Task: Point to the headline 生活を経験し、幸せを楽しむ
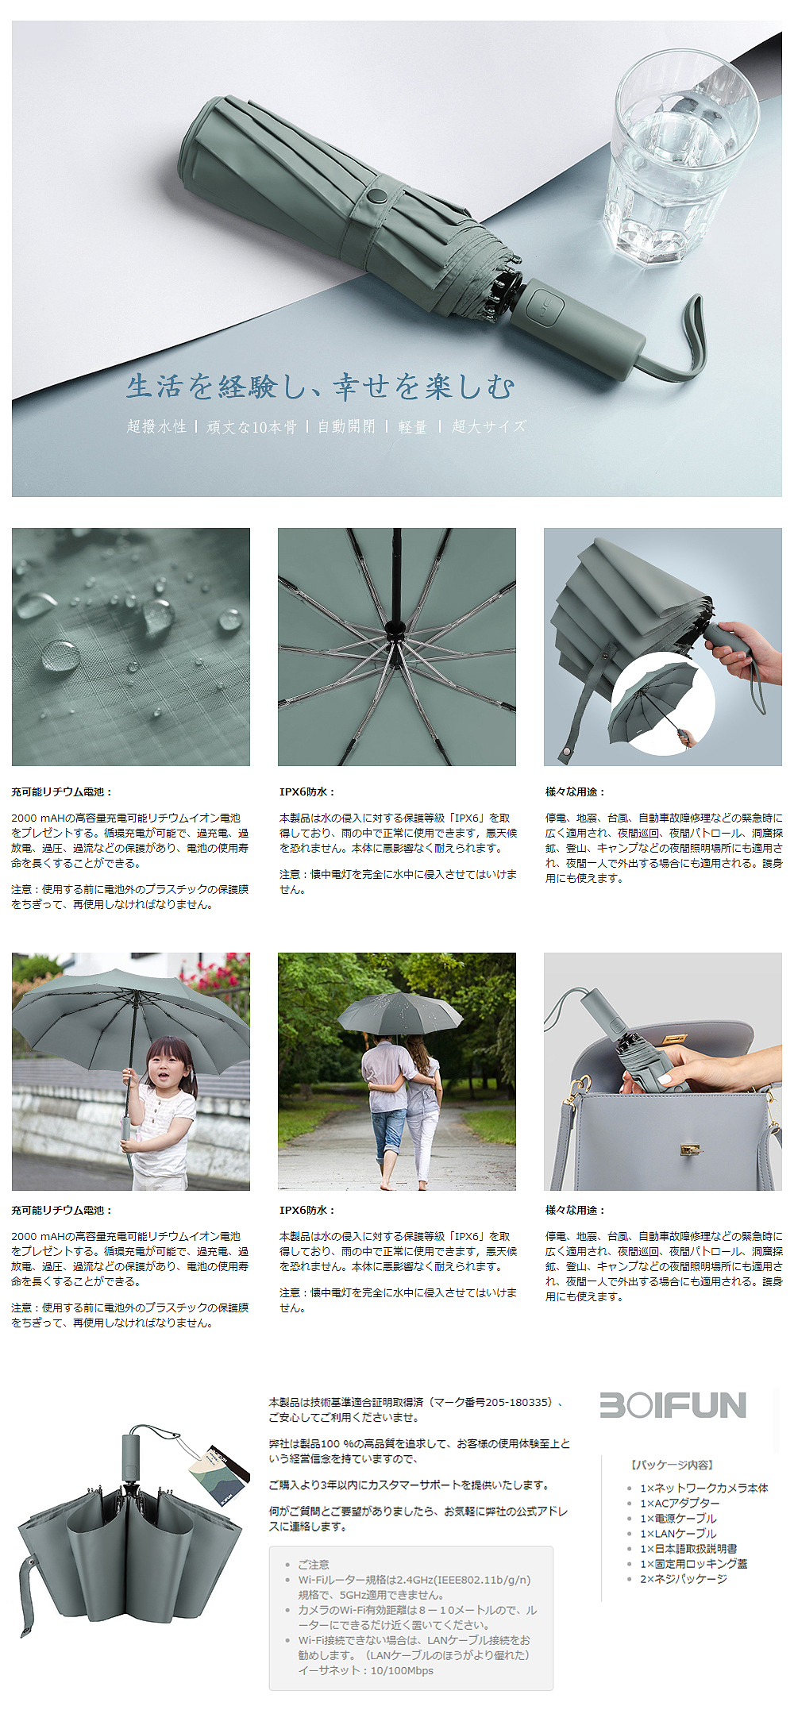coord(321,387)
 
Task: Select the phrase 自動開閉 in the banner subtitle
coord(346,426)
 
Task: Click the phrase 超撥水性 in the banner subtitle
coord(156,426)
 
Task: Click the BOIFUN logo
coord(673,1404)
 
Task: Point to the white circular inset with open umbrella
coord(662,703)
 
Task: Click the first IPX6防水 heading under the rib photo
coord(307,791)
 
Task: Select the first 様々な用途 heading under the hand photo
coord(575,791)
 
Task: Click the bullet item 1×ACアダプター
coord(680,1503)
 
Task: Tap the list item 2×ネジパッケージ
coord(683,1579)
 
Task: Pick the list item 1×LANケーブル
coord(678,1534)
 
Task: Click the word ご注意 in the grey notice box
coord(314,1564)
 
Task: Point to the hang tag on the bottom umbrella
coord(211,1476)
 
